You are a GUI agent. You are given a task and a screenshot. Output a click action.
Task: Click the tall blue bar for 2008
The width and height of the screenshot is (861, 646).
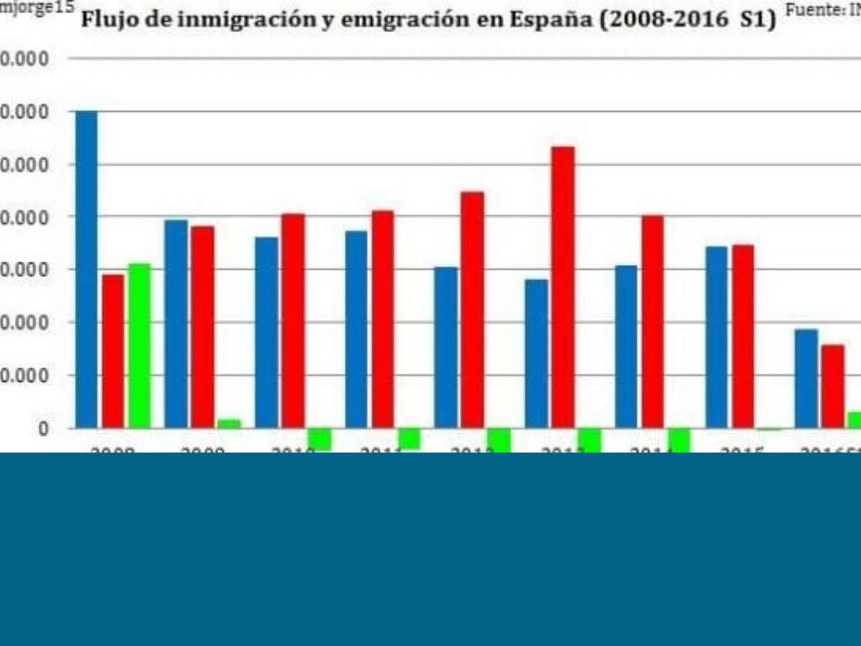87,269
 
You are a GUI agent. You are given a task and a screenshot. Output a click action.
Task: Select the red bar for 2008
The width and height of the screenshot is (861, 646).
113,351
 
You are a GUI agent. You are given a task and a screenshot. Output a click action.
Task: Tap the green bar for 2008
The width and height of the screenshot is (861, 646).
139,346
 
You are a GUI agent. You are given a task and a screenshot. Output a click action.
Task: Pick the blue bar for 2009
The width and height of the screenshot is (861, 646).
176,324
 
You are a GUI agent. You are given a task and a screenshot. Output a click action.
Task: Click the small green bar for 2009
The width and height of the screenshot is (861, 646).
229,424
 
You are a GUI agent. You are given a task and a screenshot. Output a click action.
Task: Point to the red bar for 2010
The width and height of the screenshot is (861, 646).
293,320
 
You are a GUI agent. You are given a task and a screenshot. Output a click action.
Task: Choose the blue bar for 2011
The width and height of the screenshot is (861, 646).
357,329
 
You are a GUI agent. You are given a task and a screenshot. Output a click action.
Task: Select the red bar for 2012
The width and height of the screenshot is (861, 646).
473,310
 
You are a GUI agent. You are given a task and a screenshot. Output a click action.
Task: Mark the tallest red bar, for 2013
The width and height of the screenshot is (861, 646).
563,287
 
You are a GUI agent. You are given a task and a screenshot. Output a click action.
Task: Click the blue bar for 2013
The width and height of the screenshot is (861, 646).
536,353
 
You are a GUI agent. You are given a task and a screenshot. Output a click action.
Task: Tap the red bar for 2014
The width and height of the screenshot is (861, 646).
652,321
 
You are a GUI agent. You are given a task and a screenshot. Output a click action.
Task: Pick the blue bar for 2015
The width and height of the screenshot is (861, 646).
716,337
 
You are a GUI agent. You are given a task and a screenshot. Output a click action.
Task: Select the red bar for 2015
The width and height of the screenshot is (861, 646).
742,336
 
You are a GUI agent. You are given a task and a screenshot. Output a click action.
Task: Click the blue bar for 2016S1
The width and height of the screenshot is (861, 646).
806,379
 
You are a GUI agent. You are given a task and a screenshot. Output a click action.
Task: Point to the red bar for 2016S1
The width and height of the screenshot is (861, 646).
832,386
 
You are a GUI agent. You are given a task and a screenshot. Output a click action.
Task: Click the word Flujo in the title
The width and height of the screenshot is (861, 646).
105,19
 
